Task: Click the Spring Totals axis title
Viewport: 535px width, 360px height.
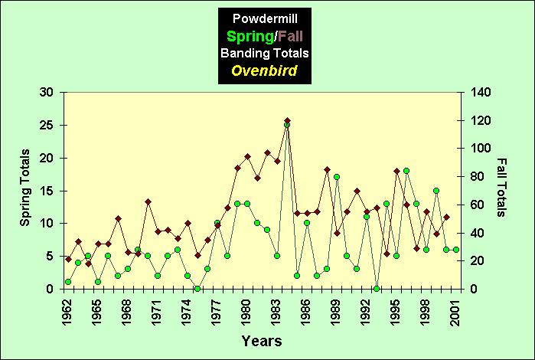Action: point(24,191)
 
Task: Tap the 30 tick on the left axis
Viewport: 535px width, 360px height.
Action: point(47,92)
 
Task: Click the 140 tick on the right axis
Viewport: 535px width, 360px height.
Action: point(482,92)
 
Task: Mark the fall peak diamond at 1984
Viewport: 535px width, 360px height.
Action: point(287,121)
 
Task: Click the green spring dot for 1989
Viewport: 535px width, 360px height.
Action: point(337,177)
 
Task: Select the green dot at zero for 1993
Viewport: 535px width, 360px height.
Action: point(377,289)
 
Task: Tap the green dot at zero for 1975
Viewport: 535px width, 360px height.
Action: point(197,289)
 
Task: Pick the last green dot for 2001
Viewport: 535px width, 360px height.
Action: point(456,250)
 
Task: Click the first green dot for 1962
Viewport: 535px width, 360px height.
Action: point(68,282)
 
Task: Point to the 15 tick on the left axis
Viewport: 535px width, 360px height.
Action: point(47,191)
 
